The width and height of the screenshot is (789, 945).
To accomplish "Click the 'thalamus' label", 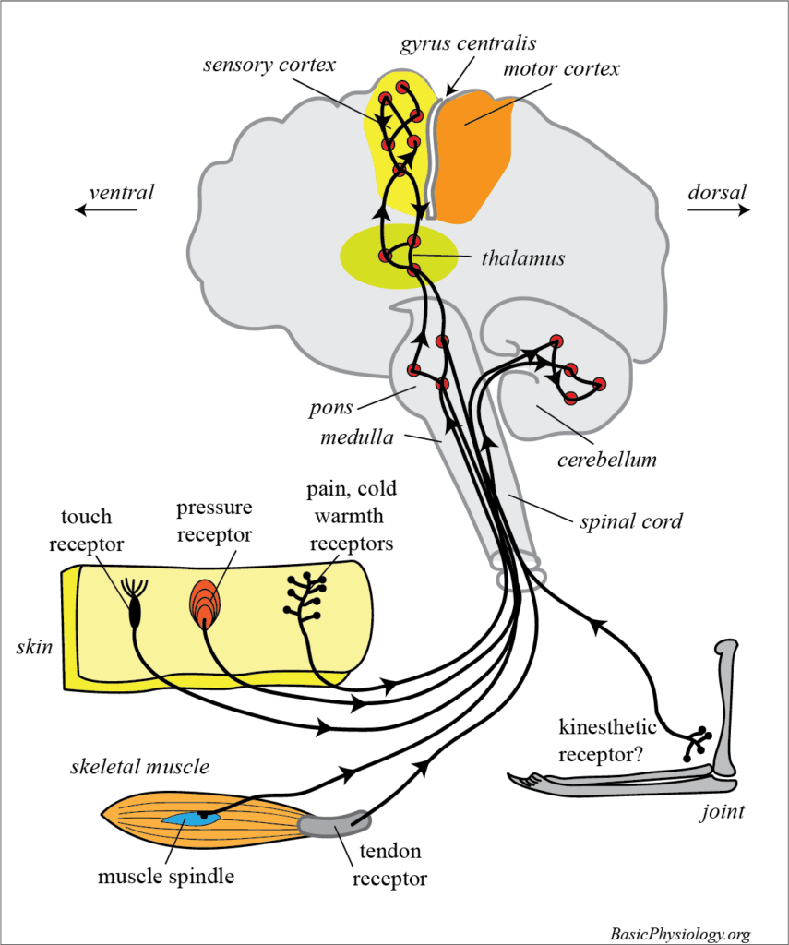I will click(522, 258).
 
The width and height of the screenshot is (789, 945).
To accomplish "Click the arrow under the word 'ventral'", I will click(106, 210).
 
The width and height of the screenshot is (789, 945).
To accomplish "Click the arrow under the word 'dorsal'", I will click(719, 210).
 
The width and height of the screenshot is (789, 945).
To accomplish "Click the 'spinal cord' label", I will click(632, 521).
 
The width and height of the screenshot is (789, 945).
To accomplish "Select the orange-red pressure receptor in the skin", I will click(207, 604).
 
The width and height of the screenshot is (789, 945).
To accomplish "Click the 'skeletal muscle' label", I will click(139, 766).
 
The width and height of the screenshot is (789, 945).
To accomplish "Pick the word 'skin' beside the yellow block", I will click(33, 645).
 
